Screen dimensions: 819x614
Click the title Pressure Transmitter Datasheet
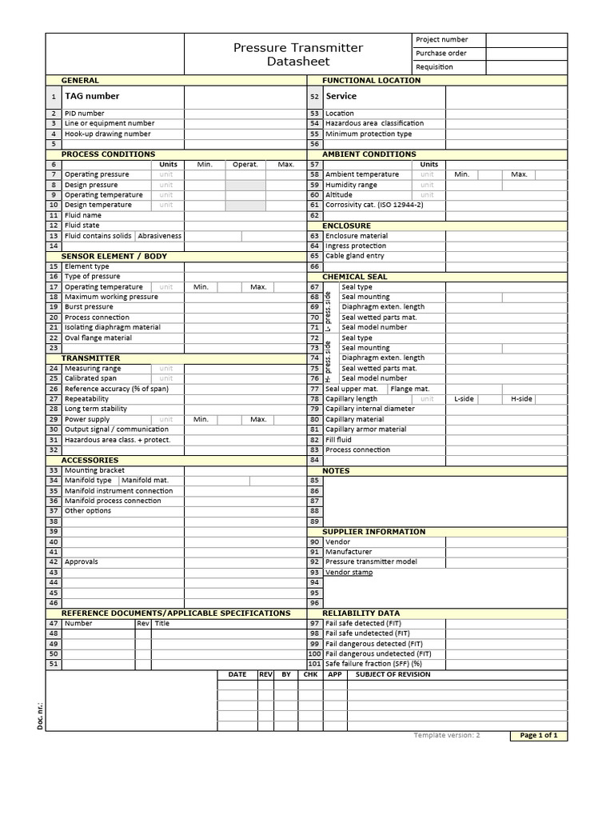(297, 54)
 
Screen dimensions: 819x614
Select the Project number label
(441, 39)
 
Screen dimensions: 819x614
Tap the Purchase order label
(441, 54)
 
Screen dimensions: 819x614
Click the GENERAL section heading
(80, 81)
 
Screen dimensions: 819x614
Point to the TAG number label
(92, 96)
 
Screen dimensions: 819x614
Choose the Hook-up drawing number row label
(107, 134)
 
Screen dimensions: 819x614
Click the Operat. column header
(245, 164)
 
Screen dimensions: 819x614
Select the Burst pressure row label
(89, 307)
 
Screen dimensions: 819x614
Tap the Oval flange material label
(98, 338)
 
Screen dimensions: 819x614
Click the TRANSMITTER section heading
(90, 358)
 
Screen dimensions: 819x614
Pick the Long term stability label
(96, 409)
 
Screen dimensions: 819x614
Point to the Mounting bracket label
(94, 470)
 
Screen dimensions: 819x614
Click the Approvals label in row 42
(82, 562)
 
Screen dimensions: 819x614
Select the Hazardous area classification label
(374, 123)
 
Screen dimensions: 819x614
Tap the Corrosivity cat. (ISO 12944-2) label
(374, 205)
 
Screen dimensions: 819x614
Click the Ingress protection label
(356, 246)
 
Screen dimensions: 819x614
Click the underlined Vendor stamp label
(349, 572)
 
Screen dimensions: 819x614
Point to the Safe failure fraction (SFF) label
(373, 664)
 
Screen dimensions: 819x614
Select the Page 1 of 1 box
(538, 736)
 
